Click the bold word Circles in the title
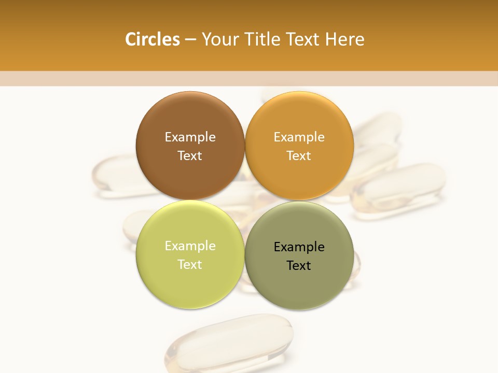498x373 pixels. tap(153, 39)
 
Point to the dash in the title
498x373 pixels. tap(190, 40)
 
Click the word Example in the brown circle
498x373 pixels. tap(190, 137)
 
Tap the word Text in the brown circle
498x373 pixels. tap(190, 156)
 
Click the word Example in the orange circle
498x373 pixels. tap(299, 137)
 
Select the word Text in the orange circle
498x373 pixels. tap(299, 156)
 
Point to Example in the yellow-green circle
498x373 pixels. tap(190, 246)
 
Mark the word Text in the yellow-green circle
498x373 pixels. tap(190, 265)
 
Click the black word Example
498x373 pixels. tap(299, 247)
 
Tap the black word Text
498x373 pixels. tap(299, 266)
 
